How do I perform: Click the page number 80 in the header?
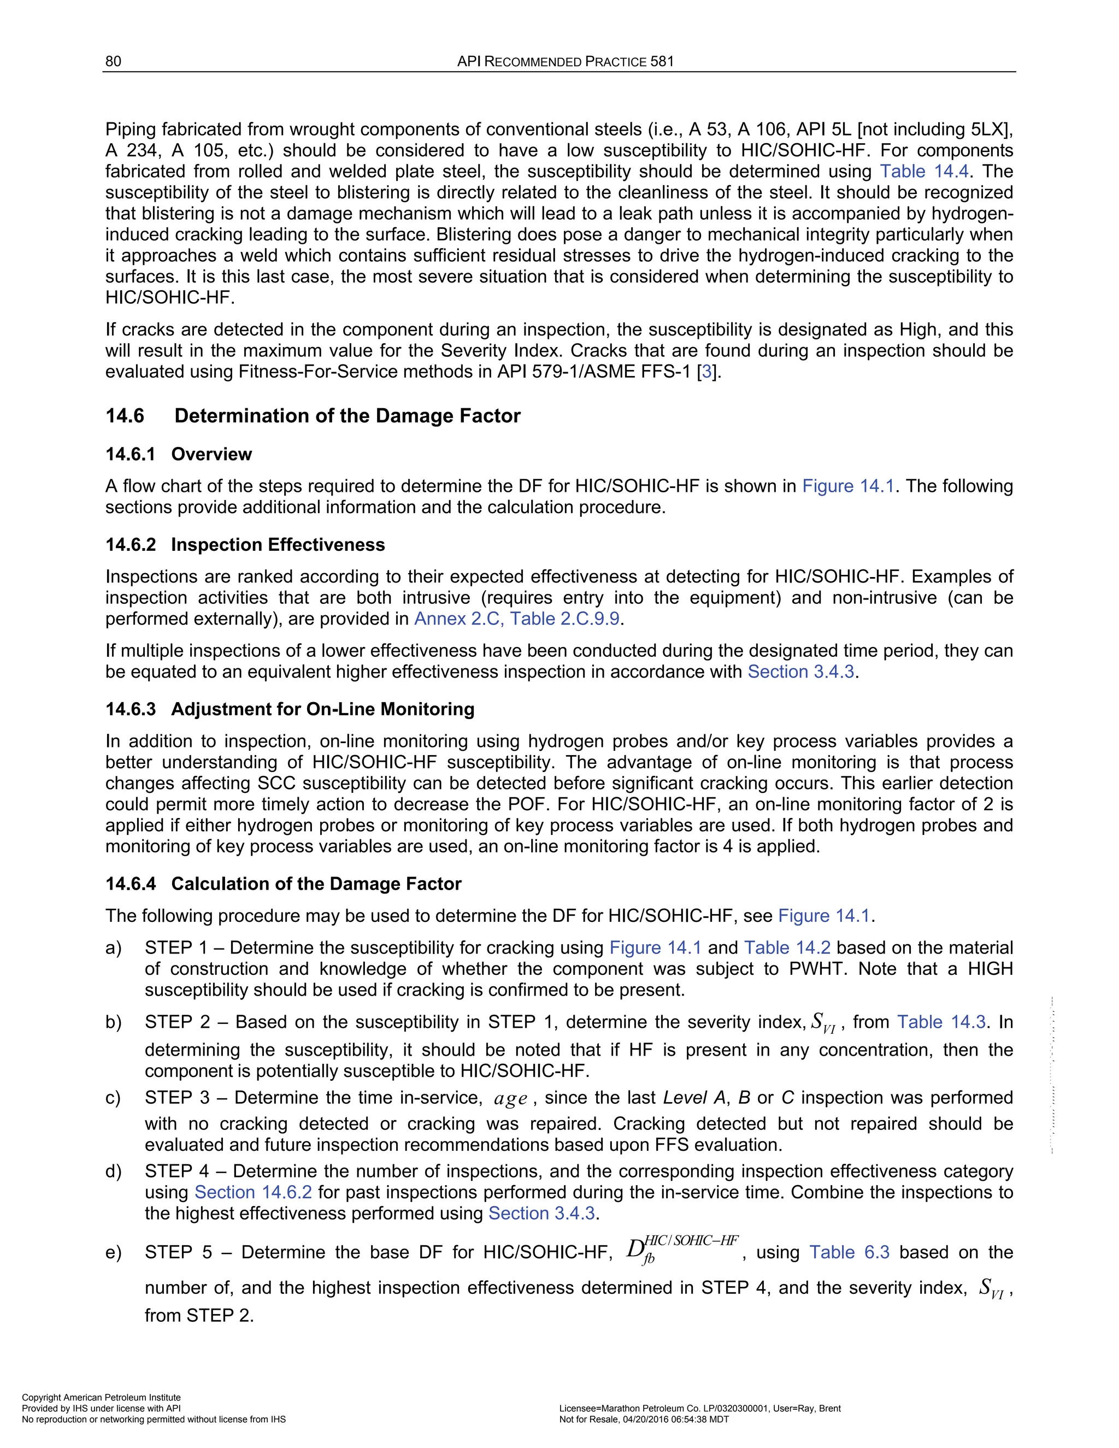[x=113, y=62]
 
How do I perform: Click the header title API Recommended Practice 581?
[x=566, y=62]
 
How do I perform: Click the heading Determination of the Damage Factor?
[x=348, y=416]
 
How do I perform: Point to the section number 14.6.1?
[x=131, y=454]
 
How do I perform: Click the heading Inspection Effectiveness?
[x=278, y=545]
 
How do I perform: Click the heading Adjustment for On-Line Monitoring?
[x=322, y=709]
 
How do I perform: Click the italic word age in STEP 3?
[x=510, y=1099]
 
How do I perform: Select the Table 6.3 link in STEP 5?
[x=849, y=1252]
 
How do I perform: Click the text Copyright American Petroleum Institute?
[x=102, y=1398]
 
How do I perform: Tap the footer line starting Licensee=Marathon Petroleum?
[x=700, y=1408]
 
